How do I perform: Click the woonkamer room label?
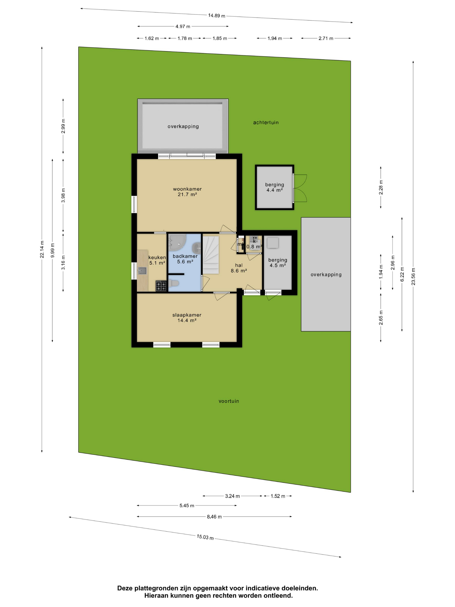tap(187, 189)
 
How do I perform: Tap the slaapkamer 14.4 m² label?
tap(187, 318)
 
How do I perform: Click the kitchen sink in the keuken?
tap(142, 271)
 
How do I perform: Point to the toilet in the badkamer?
tap(174, 283)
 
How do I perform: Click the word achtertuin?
tap(266, 122)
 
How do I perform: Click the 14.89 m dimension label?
tap(217, 16)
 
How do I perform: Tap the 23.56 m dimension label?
tap(413, 277)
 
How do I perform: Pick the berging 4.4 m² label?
tap(275, 187)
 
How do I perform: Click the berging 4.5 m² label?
tap(278, 263)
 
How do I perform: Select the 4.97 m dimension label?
tap(183, 27)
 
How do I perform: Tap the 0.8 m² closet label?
tap(254, 247)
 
